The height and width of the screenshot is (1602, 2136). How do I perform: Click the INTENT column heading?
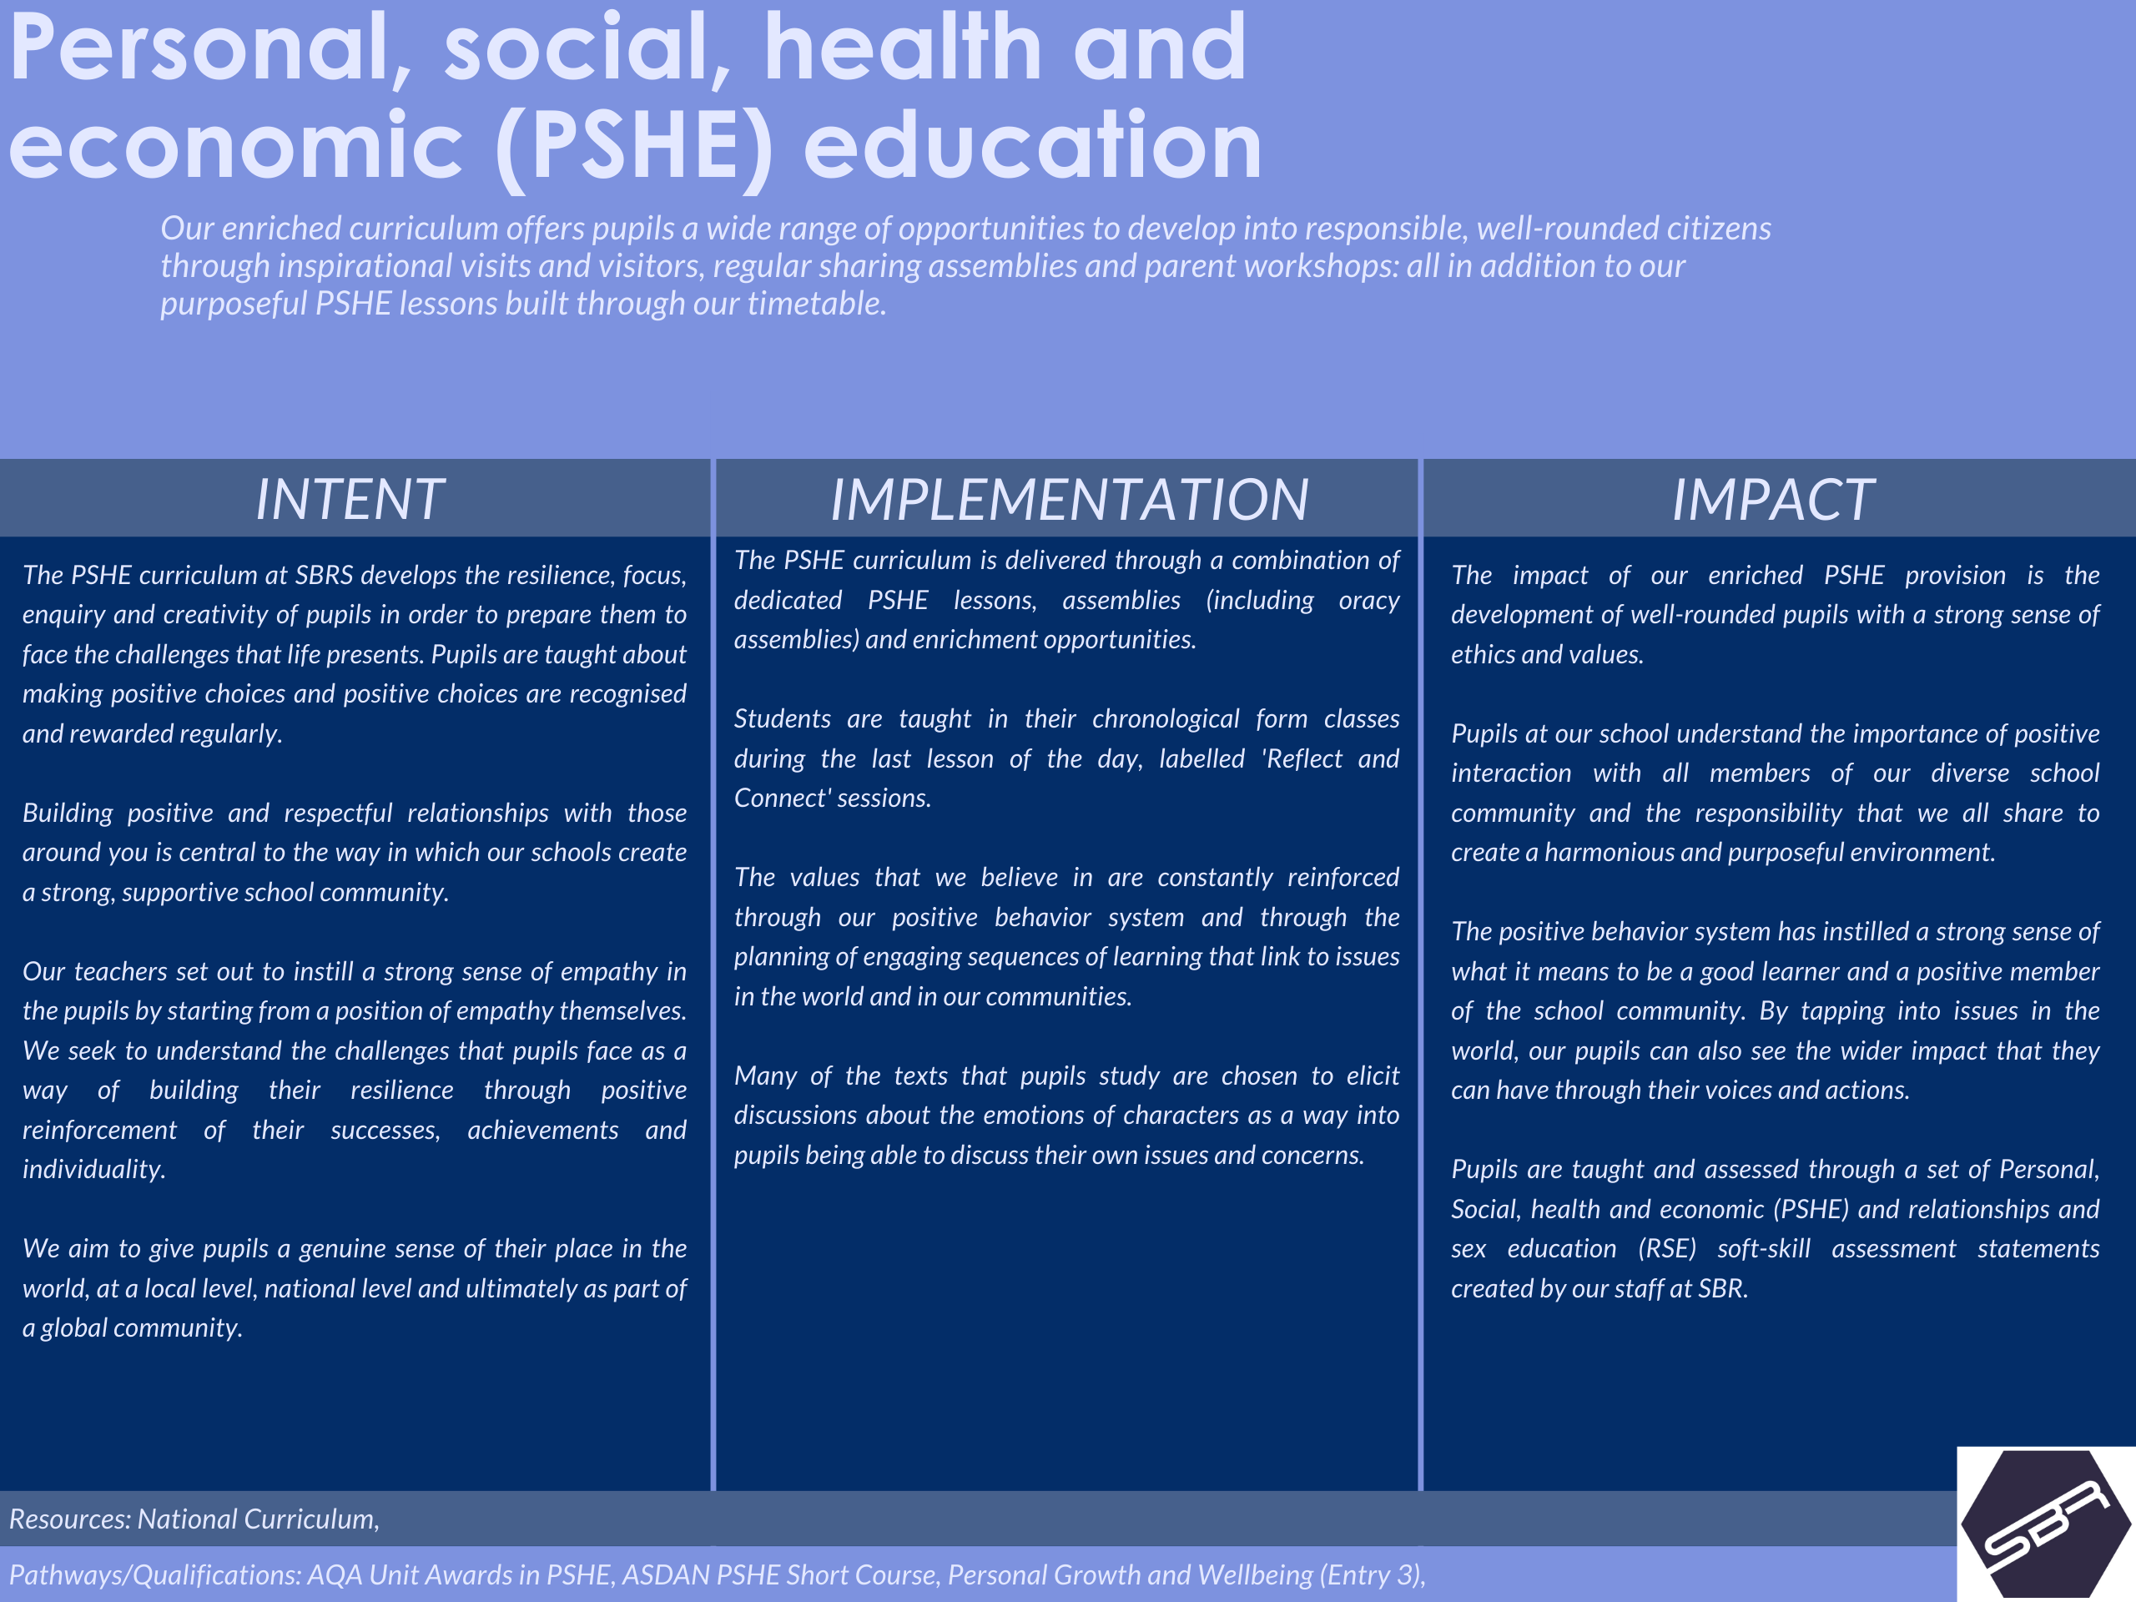[x=350, y=499]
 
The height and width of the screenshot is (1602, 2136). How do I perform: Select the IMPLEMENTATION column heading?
[x=1069, y=499]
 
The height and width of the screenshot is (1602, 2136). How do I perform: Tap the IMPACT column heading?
[x=1773, y=499]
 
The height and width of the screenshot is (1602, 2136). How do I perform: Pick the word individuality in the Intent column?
[x=93, y=1170]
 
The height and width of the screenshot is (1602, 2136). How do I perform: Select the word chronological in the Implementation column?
[x=1166, y=719]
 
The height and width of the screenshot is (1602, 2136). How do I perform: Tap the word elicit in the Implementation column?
[x=1373, y=1076]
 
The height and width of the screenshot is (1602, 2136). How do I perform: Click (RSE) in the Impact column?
[x=1667, y=1248]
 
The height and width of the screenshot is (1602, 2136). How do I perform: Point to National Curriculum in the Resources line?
[x=258, y=1519]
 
